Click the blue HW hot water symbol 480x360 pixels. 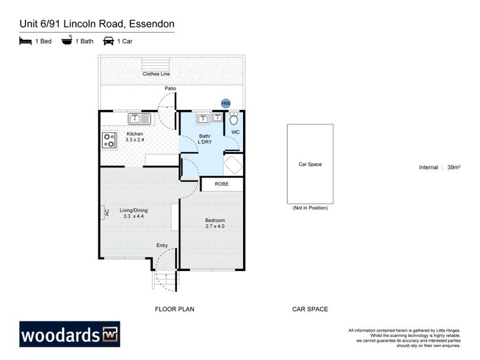click(x=226, y=103)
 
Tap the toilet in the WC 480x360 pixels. click(x=234, y=118)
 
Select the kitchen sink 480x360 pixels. click(x=139, y=118)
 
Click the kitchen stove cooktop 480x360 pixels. click(x=109, y=140)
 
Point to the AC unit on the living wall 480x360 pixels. click(x=105, y=213)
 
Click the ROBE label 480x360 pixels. click(x=221, y=184)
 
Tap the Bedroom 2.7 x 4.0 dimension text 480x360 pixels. click(x=215, y=226)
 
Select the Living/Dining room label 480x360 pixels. click(x=134, y=210)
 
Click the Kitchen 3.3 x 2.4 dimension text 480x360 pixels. click(x=135, y=139)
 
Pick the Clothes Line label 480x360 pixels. click(x=156, y=74)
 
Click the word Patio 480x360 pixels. click(x=170, y=88)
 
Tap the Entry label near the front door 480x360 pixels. click(x=162, y=245)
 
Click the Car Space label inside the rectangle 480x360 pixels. click(x=310, y=164)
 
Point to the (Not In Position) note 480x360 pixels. click(x=310, y=207)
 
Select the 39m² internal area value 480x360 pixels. click(x=454, y=167)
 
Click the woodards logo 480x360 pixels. click(x=70, y=334)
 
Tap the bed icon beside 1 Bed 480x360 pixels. click(x=26, y=41)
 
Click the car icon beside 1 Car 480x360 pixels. click(x=108, y=41)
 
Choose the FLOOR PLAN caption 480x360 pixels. click(x=174, y=309)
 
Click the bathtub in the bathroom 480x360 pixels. click(x=233, y=165)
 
